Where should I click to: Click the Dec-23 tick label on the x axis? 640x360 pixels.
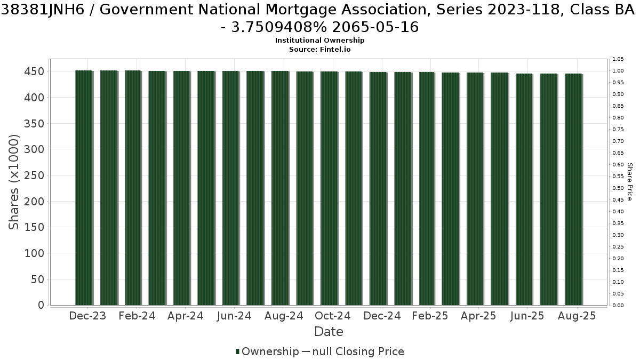pos(87,316)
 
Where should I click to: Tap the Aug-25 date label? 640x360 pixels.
pos(577,316)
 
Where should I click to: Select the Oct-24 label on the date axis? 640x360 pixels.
pos(333,316)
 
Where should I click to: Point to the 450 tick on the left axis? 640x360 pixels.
pos(34,71)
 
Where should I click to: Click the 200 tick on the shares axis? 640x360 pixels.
pos(34,202)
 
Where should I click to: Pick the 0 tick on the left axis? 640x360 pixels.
pos(41,305)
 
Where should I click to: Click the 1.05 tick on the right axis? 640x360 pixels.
pos(618,59)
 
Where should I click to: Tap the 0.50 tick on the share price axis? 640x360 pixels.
pos(618,188)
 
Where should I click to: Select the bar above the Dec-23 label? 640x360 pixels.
pos(84,188)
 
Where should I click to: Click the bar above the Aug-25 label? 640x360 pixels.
pos(574,189)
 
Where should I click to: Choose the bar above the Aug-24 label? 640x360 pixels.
pos(281,188)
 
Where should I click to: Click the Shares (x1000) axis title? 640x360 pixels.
pos(14,182)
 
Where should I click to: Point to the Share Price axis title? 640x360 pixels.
pos(630,182)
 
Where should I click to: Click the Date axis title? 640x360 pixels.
pos(329,332)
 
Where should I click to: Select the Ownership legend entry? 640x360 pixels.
pos(267,351)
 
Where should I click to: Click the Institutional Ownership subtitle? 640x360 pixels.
pos(319,41)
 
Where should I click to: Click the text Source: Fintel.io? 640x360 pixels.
pos(319,50)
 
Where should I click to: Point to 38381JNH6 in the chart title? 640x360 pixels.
pos(43,10)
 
